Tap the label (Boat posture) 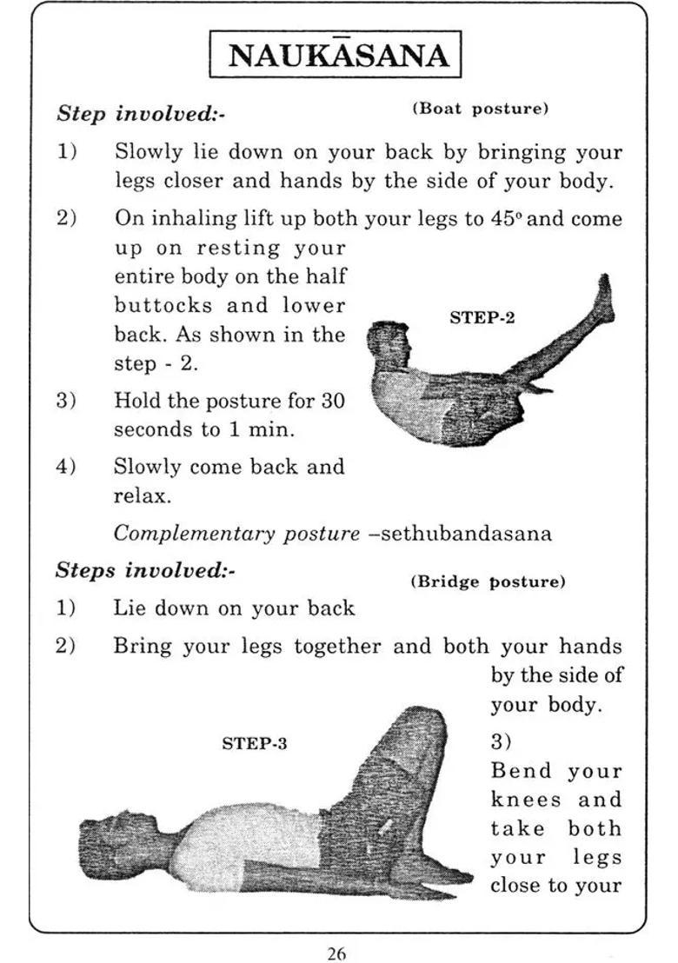[480, 109]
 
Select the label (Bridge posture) [487, 581]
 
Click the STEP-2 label [482, 318]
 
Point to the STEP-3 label [255, 744]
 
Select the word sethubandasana [466, 533]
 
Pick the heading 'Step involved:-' [142, 114]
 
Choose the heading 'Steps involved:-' [145, 571]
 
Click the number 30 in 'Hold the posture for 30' [333, 401]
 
